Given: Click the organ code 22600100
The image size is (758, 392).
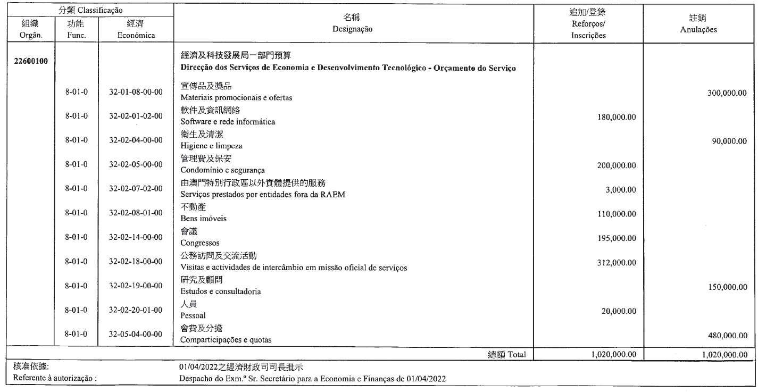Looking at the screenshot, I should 31,61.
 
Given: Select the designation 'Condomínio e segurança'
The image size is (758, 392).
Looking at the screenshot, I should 215,170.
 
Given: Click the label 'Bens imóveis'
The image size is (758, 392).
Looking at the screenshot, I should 199,219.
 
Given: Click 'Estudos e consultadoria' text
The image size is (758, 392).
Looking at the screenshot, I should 216,292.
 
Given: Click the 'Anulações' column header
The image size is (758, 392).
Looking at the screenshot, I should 698,30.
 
